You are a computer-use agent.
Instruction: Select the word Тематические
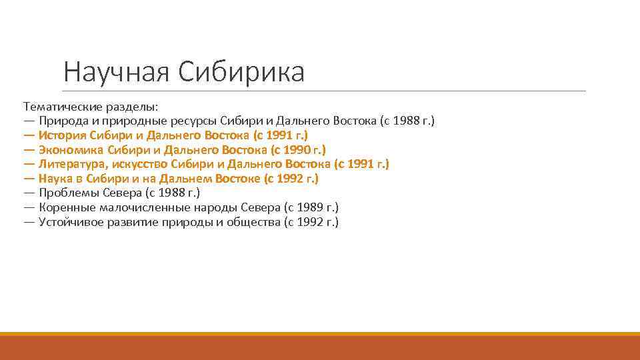[x=63, y=107]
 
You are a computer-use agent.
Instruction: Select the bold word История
[x=63, y=135]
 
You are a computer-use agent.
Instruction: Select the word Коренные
[x=65, y=207]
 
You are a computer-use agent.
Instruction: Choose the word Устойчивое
[x=73, y=222]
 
